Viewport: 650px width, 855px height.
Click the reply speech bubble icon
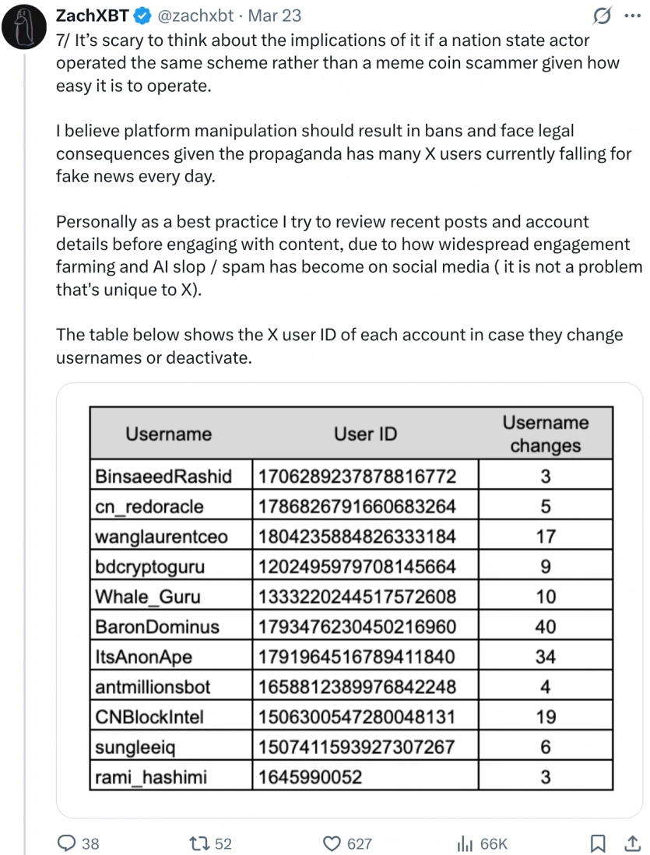[68, 843]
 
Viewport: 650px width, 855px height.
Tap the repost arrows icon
[199, 843]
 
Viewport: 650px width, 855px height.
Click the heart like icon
[332, 843]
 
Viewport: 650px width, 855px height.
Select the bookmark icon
[598, 843]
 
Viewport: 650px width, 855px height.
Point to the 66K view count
[493, 843]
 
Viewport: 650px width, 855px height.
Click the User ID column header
[365, 434]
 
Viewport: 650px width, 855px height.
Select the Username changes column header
[545, 434]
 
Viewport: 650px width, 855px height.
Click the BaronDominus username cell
[157, 627]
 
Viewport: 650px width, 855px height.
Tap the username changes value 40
[545, 627]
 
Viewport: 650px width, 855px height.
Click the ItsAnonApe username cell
[143, 657]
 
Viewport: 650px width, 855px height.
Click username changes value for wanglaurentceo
[545, 537]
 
